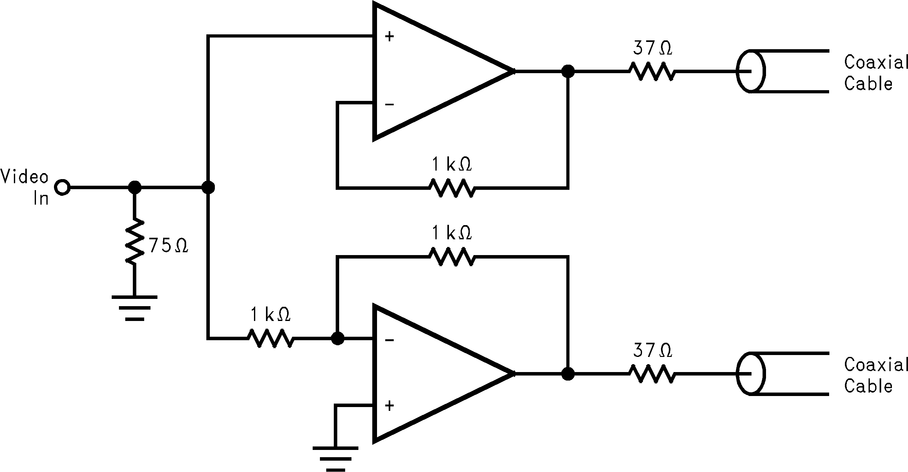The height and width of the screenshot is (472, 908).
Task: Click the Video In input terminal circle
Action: click(63, 187)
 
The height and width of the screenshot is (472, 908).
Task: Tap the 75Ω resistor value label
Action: click(168, 246)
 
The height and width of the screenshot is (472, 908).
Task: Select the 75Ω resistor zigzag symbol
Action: click(135, 242)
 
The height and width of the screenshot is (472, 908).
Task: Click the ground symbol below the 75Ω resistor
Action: click(135, 308)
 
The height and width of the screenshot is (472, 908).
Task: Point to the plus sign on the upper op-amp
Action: click(389, 37)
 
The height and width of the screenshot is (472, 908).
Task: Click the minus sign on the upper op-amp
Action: click(389, 104)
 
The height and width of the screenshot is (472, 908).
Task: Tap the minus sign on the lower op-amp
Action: click(389, 340)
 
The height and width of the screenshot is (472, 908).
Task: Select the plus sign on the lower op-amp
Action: click(389, 406)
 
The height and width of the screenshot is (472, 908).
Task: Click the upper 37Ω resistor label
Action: click(652, 48)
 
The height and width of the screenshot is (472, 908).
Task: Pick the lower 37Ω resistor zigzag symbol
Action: click(652, 374)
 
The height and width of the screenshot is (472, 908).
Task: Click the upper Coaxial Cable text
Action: click(875, 73)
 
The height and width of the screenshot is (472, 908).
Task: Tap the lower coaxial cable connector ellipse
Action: click(751, 373)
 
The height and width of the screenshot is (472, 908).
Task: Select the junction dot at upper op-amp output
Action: click(568, 71)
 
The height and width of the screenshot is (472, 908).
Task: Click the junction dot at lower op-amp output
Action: click(568, 374)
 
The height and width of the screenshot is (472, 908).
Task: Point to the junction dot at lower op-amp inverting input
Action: click(337, 339)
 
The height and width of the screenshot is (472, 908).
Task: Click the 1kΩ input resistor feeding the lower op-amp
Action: click(271, 339)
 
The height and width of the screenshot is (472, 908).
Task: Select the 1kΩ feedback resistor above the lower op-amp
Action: click(452, 257)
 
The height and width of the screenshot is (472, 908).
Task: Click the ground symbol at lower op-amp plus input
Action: click(335, 459)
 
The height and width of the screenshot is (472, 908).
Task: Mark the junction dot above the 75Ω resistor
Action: click(134, 187)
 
